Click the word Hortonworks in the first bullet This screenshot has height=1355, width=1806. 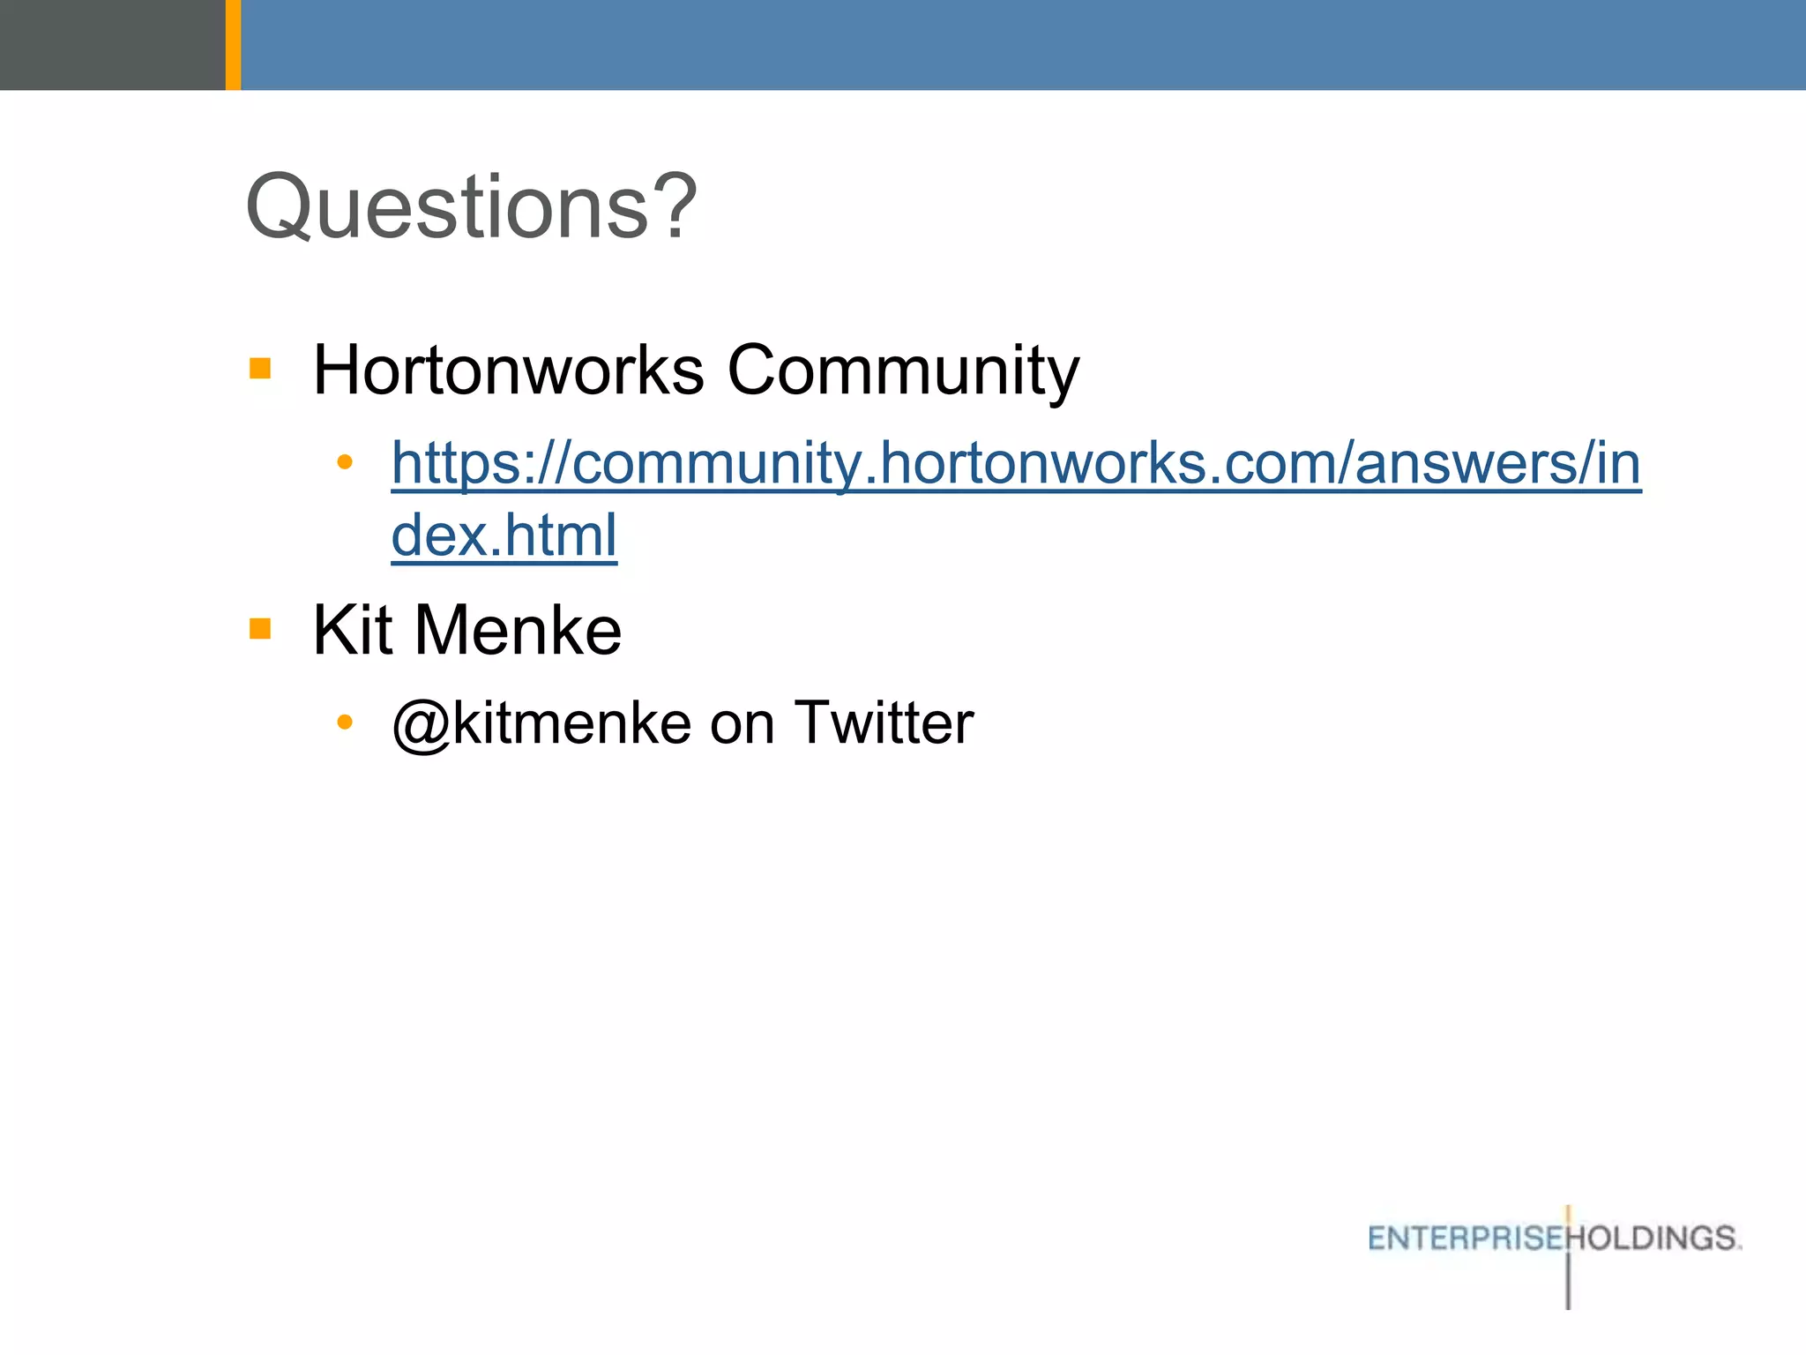pos(509,370)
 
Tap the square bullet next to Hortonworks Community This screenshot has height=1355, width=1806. pos(260,368)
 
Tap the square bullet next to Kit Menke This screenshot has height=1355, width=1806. pos(260,628)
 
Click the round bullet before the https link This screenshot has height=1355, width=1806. pos(345,461)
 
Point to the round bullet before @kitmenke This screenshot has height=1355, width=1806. pos(345,722)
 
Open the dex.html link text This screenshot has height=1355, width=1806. pos(504,535)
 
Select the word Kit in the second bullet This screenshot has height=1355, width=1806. pos(352,630)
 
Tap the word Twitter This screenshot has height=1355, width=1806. pos(884,723)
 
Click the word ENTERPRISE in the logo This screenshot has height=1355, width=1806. pos(1465,1239)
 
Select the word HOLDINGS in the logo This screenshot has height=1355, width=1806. pos(1655,1239)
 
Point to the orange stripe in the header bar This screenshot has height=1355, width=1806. pos(233,44)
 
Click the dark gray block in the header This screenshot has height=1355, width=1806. pos(112,44)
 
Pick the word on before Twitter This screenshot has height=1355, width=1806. pos(742,723)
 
